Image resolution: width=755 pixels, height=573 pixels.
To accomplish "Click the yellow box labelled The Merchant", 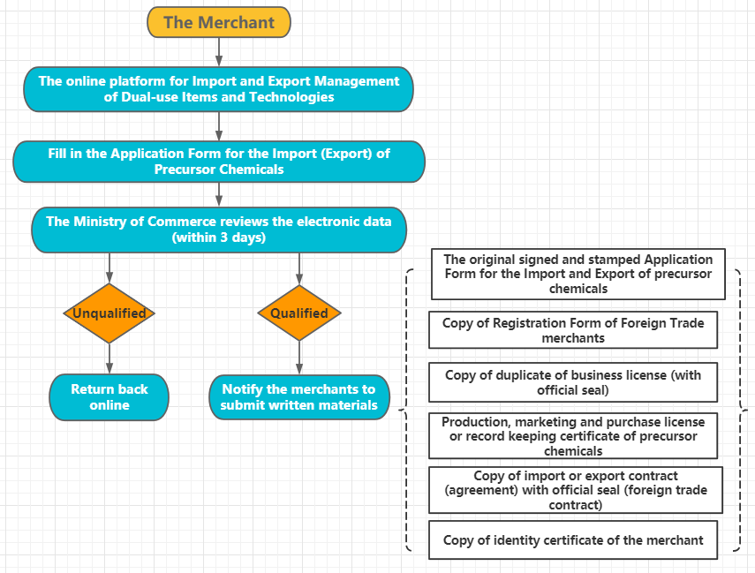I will tap(218, 23).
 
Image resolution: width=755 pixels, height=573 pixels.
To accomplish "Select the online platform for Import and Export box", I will tap(218, 89).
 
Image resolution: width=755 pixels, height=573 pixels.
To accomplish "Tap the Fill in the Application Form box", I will tap(218, 161).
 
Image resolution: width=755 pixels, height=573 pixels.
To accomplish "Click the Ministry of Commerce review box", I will tap(218, 230).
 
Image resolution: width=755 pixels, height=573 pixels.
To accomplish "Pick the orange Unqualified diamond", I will tap(109, 313).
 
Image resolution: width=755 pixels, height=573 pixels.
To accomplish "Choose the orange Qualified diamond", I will tap(298, 313).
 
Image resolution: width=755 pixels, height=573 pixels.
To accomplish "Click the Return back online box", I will tap(109, 397).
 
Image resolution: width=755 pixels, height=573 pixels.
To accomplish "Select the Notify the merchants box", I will tap(298, 397).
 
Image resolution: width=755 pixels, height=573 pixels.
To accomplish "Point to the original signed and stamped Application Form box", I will tap(578, 274).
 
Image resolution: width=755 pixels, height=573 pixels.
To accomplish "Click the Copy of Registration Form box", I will tap(572, 330).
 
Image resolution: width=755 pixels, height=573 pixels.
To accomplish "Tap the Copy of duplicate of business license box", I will tap(572, 382).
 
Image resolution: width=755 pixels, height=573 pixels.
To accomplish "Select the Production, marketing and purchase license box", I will tap(572, 436).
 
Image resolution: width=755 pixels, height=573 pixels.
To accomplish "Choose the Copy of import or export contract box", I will tap(576, 490).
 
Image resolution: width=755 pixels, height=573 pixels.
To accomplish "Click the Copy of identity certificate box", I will tap(572, 540).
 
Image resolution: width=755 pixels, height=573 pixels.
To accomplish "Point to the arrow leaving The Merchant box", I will tap(218, 52).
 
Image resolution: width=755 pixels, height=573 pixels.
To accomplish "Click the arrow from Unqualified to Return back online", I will tap(109, 358).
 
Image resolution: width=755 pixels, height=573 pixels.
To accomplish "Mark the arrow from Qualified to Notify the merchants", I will tap(298, 358).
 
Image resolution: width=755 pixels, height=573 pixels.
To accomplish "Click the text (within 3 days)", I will tap(218, 238).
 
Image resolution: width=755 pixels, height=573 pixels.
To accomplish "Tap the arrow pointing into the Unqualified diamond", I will tap(109, 268).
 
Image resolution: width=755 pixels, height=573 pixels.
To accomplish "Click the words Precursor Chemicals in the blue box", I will tap(218, 169).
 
